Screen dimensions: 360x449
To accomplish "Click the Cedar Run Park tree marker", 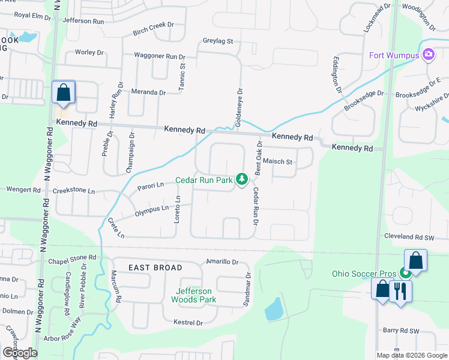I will coord(242,179).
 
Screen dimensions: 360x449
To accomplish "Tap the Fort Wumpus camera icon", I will coord(429,55).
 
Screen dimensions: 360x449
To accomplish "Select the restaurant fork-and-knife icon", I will coord(399,291).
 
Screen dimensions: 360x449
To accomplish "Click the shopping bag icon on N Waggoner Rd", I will coord(63,92).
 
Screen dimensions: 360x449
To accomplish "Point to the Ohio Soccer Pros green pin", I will coord(405,274).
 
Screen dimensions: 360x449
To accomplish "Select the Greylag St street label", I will coord(218,41).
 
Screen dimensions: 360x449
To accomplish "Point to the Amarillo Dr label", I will coord(223,262).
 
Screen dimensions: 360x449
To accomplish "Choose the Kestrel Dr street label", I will coord(187,323).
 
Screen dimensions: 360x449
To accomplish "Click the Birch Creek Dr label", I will coord(153,25).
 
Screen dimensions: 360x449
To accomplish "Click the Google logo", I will coord(19,352).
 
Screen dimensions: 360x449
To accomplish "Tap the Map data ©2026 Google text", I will coord(412,355).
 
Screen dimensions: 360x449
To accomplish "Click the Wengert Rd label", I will coord(23,190).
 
